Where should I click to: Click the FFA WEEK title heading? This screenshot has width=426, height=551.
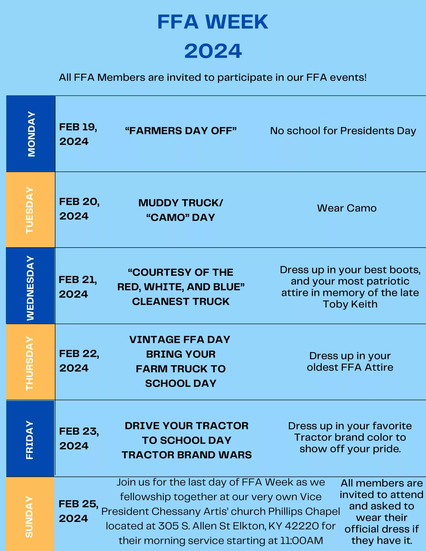(213, 22)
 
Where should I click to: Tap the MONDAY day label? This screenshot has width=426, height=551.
(31, 134)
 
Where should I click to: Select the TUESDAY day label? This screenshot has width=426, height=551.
(30, 210)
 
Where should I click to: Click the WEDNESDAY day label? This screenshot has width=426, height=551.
(30, 288)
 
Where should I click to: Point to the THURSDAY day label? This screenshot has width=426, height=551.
(30, 363)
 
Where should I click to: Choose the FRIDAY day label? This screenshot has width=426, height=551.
(30, 440)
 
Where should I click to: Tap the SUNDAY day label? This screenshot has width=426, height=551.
(29, 517)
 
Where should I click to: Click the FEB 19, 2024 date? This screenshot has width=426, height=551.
(78, 134)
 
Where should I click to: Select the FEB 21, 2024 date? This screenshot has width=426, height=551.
(78, 287)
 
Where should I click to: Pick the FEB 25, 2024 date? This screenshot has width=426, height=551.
(78, 511)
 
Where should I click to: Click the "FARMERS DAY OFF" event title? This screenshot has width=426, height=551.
(181, 131)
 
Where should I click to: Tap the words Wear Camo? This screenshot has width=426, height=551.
(347, 208)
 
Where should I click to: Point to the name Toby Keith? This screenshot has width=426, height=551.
(350, 304)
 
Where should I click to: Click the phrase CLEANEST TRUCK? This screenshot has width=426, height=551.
(181, 302)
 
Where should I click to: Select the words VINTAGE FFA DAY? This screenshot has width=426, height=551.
(180, 340)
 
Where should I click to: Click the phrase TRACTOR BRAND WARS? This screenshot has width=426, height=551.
(187, 455)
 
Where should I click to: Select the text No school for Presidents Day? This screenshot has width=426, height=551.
(343, 131)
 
